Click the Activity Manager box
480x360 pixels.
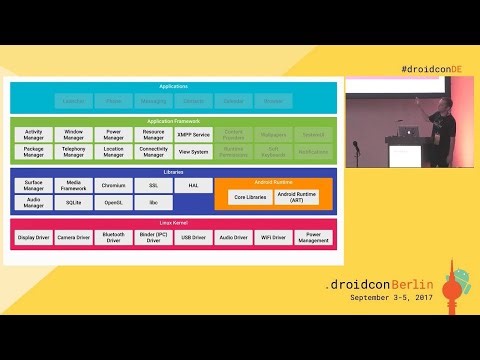pyautogui.click(x=33, y=134)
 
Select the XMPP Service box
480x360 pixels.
pyautogui.click(x=193, y=134)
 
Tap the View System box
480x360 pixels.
pyautogui.click(x=193, y=152)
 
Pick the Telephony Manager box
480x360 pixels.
pyautogui.click(x=73, y=152)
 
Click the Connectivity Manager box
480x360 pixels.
pyautogui.click(x=153, y=152)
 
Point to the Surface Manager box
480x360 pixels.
pyautogui.click(x=33, y=186)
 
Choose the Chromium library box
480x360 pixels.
pyautogui.click(x=113, y=186)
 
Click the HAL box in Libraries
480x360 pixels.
pyautogui.click(x=193, y=186)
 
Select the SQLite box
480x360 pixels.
pyautogui.click(x=73, y=203)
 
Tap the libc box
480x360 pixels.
pyautogui.click(x=153, y=203)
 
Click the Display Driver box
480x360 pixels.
pyautogui.click(x=33, y=238)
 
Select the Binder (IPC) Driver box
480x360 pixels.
pyautogui.click(x=153, y=238)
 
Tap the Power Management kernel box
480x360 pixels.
pyautogui.click(x=313, y=238)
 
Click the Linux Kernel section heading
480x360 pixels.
pyautogui.click(x=173, y=223)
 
